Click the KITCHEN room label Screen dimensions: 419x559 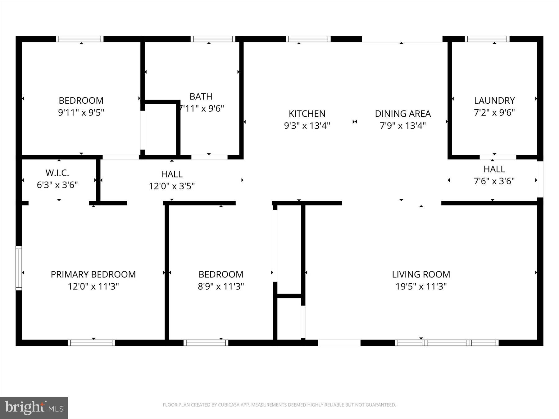coord(307,114)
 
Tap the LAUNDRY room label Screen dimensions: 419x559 coord(494,101)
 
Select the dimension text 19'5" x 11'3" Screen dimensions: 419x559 coord(421,286)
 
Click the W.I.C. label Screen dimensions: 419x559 coord(57,173)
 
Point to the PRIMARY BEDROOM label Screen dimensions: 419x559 coord(93,274)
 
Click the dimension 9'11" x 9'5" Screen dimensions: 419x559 coord(81,112)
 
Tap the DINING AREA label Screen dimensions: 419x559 coord(402,114)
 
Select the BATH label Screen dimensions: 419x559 coord(201,97)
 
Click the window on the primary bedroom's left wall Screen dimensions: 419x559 coord(19,268)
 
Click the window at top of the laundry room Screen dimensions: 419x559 coord(487,39)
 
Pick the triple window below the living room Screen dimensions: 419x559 coord(447,343)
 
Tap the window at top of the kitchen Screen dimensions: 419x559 coord(308,39)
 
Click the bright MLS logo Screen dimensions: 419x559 coord(34,408)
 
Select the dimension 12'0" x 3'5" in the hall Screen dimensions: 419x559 coord(172,186)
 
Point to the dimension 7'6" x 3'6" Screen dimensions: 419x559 coord(494,181)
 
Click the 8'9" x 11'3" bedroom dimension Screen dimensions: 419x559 coord(221,286)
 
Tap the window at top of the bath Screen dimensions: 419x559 coord(213,39)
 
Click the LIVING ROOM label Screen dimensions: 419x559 coord(421,274)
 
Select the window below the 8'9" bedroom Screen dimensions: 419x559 coord(206,343)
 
